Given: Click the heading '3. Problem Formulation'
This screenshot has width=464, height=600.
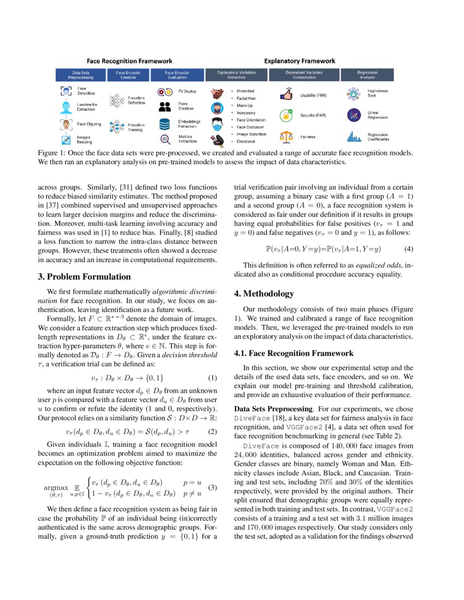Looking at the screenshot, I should (84, 277).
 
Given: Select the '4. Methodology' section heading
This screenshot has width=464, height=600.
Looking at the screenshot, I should (264, 294).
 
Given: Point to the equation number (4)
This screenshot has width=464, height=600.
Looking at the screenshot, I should (408, 249).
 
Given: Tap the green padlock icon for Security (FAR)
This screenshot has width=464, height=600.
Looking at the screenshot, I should (286, 116).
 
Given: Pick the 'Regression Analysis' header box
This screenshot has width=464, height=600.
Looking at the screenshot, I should (367, 75).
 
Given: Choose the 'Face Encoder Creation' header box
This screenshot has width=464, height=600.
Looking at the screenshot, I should (128, 75).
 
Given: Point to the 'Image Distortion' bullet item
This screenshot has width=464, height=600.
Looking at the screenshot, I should (251, 134).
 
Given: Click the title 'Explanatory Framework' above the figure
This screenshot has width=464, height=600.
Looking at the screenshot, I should (300, 61).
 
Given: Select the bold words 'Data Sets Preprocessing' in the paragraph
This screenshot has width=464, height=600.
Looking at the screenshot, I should (265, 409).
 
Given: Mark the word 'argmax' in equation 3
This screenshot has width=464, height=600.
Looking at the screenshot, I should (56, 487).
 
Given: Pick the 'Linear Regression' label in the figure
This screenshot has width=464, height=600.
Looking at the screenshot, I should (377, 115).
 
